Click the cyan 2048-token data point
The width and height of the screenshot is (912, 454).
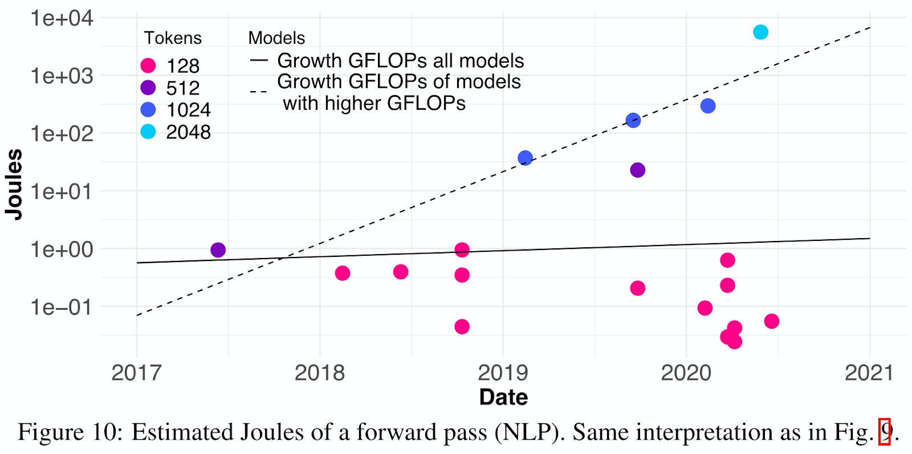[760, 32]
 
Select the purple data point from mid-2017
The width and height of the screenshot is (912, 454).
[218, 250]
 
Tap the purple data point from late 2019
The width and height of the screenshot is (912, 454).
[637, 170]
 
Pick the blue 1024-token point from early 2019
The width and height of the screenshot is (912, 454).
[525, 158]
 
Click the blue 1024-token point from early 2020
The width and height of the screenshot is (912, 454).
[707, 106]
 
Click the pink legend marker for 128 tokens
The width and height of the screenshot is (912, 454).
[148, 66]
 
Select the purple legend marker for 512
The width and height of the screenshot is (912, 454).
[148, 88]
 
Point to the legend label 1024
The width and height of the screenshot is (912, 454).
[188, 110]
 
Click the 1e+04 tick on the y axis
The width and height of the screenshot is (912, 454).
[62, 18]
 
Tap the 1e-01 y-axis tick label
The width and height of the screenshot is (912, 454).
[62, 308]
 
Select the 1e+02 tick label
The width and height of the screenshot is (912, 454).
[62, 134]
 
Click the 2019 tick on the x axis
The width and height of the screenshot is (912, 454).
[503, 373]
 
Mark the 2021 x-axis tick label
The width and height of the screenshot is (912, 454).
[869, 373]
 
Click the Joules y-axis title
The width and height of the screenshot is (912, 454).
[14, 184]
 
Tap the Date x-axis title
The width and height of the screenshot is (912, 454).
[503, 397]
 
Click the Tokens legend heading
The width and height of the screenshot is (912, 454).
[173, 38]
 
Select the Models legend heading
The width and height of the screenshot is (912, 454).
[276, 38]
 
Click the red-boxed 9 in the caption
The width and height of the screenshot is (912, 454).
[885, 432]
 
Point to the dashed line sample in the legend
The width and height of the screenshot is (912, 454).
[258, 91]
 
